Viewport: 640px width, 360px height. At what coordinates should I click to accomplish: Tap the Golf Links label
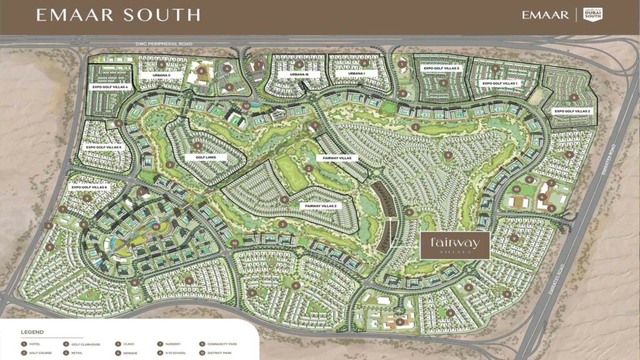coord(206,157)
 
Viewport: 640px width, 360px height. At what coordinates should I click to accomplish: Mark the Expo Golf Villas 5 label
coord(100,147)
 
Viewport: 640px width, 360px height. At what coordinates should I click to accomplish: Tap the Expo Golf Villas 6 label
coord(90,187)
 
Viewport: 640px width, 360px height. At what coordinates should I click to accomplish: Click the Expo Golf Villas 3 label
coord(441,68)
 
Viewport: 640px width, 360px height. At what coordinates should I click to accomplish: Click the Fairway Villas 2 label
coord(321,205)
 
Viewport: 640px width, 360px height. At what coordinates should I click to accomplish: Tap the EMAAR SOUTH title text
coord(118,15)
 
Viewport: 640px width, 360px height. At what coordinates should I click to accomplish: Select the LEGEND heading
coord(32,332)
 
